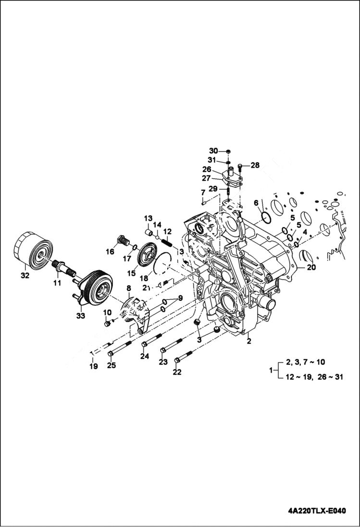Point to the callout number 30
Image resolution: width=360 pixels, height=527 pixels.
click(x=213, y=150)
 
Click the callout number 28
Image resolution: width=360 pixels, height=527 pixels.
click(x=255, y=165)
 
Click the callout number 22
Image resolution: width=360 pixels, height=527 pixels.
click(x=177, y=372)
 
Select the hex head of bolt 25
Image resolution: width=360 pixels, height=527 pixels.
click(x=111, y=354)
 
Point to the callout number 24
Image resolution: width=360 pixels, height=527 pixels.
click(x=144, y=356)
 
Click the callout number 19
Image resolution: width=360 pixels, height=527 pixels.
click(x=93, y=366)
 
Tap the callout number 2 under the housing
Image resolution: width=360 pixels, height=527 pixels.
click(x=249, y=341)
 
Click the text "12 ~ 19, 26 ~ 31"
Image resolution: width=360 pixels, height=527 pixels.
click(x=314, y=377)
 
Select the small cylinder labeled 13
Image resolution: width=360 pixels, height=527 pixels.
click(x=149, y=234)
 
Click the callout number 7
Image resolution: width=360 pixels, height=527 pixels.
click(x=203, y=193)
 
